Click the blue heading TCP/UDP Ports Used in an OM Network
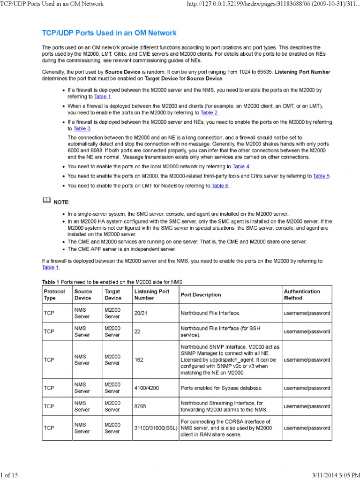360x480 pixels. click(109, 33)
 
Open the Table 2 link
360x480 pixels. click(209, 112)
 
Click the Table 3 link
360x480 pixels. click(82, 128)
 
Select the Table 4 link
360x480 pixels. click(241, 166)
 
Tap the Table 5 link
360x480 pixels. click(322, 176)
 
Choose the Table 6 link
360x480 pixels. click(220, 186)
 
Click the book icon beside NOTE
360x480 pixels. click(46, 201)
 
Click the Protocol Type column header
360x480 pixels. click(54, 294)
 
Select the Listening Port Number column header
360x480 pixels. click(152, 294)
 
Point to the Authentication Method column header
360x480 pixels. click(302, 294)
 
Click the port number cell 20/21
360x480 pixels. click(141, 313)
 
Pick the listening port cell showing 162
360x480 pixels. click(139, 360)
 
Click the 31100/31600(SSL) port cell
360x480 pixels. click(155, 428)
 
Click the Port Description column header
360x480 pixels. click(201, 295)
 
